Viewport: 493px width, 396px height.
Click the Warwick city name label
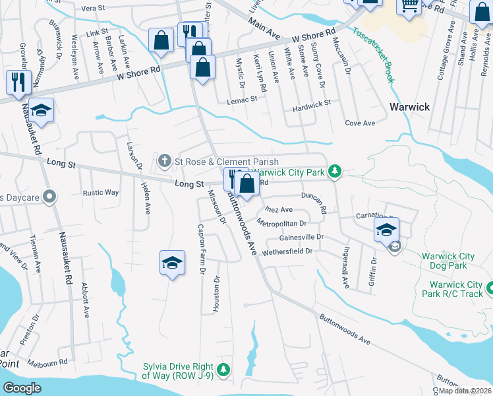pos(409,107)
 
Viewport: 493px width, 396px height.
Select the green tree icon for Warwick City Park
pos(335,172)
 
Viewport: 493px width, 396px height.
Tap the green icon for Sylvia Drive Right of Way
pos(224,368)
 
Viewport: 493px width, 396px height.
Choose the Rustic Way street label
pos(100,193)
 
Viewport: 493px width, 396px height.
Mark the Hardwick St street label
pos(312,104)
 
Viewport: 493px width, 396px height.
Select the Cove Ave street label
pos(360,123)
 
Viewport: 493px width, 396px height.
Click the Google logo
pos(22,388)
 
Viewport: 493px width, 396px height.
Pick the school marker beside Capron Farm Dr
pos(172,263)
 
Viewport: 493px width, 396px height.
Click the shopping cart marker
pos(409,7)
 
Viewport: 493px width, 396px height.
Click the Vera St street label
pos(93,9)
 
